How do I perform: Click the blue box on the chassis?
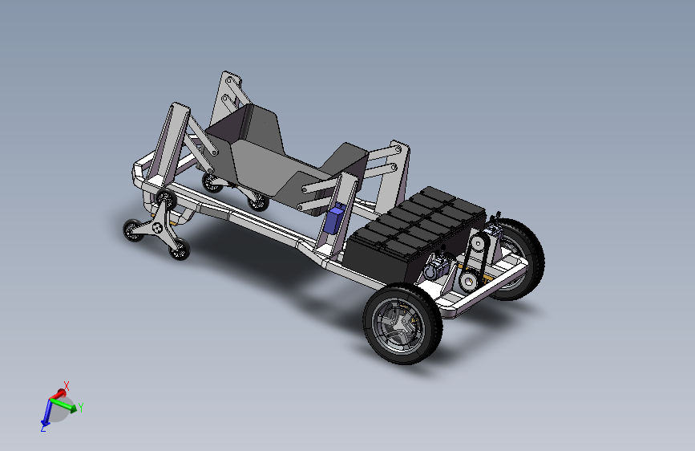click(334, 219)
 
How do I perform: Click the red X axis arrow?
click(58, 394)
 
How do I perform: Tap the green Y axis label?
click(81, 407)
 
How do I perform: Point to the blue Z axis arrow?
click(46, 412)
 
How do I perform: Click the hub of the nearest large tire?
click(400, 325)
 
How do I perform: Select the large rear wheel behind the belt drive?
click(519, 258)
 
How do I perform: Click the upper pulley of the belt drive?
click(478, 243)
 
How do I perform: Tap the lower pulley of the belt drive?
click(467, 281)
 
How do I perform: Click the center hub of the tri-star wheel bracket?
click(157, 228)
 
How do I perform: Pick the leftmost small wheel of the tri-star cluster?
click(133, 230)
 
